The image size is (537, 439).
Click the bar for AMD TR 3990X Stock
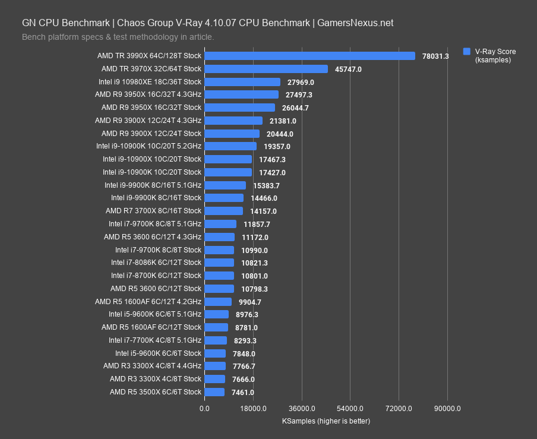coord(309,56)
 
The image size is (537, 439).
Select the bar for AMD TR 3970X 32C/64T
coord(266,69)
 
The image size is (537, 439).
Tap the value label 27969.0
coord(301,82)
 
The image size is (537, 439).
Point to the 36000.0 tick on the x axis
coord(301,409)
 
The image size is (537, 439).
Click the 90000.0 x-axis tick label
coord(447,409)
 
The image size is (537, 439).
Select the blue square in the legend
coord(467,51)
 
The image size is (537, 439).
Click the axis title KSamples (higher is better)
coord(326,421)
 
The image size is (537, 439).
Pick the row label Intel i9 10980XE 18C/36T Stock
coord(150,82)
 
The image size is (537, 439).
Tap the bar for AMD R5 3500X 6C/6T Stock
coord(214,392)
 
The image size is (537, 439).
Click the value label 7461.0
coord(243,392)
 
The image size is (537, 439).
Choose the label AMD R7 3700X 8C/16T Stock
coord(154,211)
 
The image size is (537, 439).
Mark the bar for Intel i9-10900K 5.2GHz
coord(230,146)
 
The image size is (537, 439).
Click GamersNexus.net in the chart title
coord(355,23)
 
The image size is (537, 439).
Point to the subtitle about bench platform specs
coord(118,37)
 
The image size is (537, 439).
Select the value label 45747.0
coord(348,69)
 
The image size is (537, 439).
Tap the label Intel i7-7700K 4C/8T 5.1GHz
coord(155,340)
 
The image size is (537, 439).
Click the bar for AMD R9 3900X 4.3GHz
coord(233,121)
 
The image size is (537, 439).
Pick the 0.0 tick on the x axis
coord(204,409)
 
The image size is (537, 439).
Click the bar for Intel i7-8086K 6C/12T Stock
coord(219,263)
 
